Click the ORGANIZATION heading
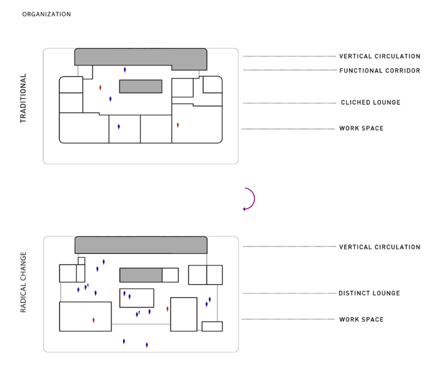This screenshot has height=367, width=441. point(46,14)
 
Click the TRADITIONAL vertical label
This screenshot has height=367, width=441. point(23,99)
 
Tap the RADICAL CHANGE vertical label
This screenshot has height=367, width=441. point(23,282)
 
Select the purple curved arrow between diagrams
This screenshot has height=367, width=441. point(249,199)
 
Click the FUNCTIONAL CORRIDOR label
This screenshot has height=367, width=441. point(380,71)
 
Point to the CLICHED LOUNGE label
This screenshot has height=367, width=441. point(370,102)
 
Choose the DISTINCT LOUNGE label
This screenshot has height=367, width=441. point(369,293)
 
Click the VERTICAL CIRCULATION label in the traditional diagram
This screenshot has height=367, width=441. point(380,56)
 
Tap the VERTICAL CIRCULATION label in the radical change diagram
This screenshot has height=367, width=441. point(380,247)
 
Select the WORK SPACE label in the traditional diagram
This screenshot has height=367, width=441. point(361,129)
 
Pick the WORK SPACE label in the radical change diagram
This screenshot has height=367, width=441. point(361,320)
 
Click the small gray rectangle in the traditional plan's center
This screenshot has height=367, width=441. point(141,87)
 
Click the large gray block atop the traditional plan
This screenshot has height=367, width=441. point(140,57)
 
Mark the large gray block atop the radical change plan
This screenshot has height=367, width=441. point(141,245)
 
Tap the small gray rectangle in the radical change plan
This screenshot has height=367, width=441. point(141,275)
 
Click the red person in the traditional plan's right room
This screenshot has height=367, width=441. point(178,125)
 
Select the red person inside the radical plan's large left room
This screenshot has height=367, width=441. point(94,320)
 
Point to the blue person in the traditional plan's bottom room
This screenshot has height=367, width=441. point(119,127)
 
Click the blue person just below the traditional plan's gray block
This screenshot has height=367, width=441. point(125,70)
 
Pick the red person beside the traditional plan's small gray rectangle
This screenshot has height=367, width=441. point(100,88)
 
